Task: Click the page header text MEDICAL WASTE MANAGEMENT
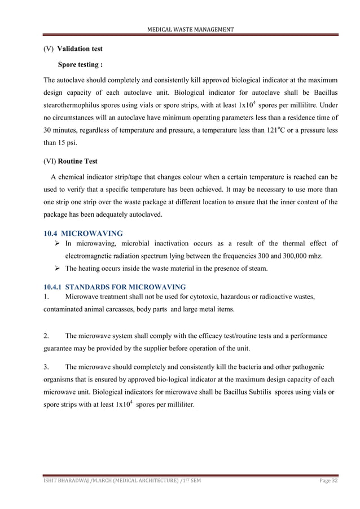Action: [191, 29]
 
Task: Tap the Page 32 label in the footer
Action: [324, 480]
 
